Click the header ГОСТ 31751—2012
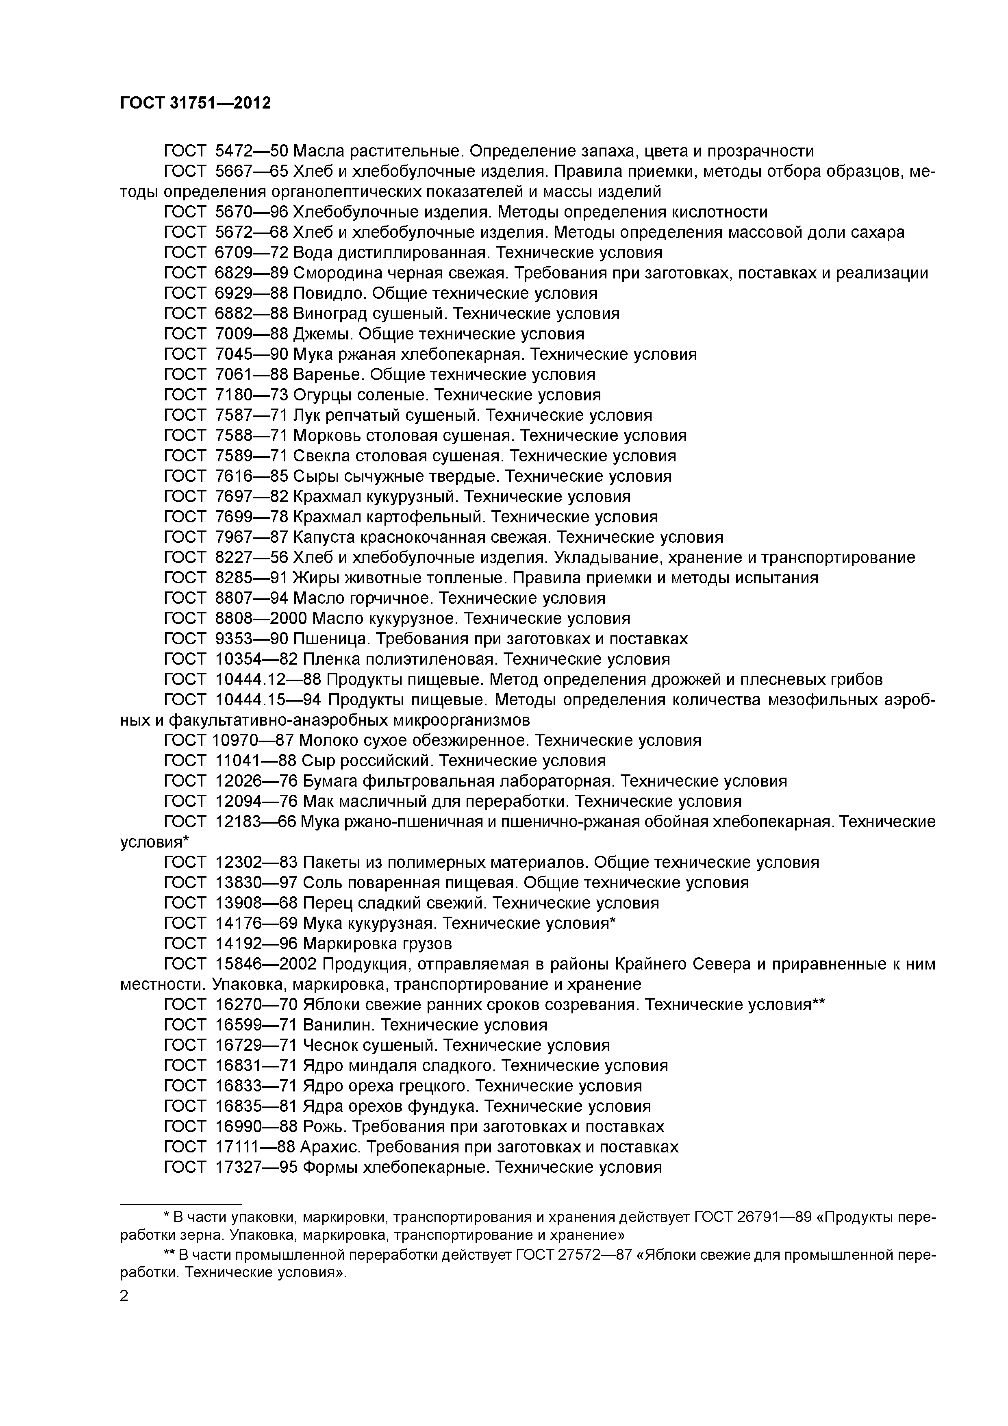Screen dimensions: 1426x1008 point(196,103)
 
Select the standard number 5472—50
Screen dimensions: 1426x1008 point(252,151)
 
